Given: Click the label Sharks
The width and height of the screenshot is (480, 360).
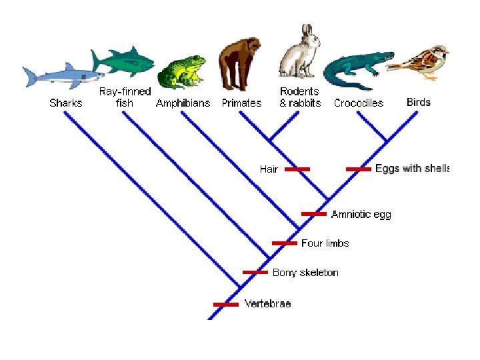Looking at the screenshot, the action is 66,103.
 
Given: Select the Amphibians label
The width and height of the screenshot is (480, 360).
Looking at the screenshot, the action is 183,103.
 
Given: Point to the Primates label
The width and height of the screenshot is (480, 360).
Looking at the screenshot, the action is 241,103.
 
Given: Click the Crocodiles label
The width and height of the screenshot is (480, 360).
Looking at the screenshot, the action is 359,103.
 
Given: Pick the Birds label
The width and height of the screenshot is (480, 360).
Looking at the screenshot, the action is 419,103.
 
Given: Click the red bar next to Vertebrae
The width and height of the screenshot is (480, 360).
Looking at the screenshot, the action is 225,304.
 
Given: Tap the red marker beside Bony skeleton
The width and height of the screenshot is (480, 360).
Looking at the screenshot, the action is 255,272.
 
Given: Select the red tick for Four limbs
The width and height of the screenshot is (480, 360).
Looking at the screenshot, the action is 285,243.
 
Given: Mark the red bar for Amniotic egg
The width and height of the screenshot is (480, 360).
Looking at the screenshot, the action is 314,214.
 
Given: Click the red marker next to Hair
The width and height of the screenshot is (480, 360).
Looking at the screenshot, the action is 297,169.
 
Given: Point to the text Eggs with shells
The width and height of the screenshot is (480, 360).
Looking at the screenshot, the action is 412,169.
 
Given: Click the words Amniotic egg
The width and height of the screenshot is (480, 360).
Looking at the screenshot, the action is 361,214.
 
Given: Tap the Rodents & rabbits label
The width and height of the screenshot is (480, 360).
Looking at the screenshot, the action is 300,97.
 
